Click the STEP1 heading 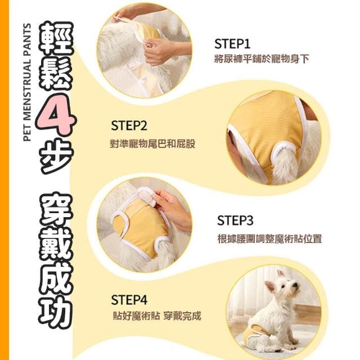[232, 44]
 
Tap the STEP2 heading [129, 125]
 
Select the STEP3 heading [235, 220]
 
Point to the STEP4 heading [129, 300]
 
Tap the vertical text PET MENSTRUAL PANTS [28, 82]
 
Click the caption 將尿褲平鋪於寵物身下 [261, 59]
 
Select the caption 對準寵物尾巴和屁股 [152, 144]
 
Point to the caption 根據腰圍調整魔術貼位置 [269, 238]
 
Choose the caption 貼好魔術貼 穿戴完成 [157, 316]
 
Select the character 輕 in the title [57, 39]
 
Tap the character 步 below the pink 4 [57, 156]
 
